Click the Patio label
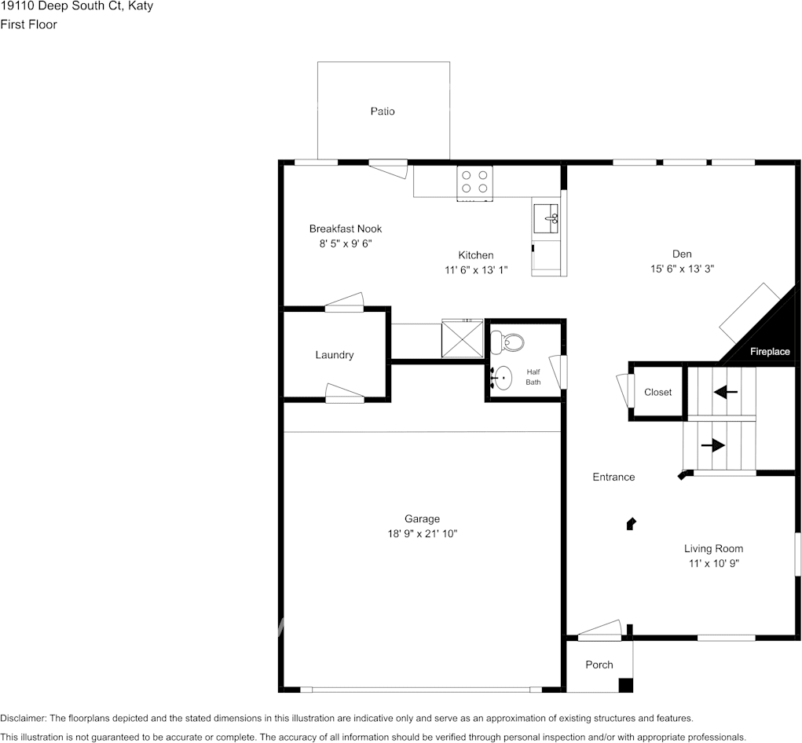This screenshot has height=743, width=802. pyautogui.click(x=383, y=111)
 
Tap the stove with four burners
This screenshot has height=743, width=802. pyautogui.click(x=474, y=183)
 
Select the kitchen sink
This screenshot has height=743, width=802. pyautogui.click(x=546, y=219)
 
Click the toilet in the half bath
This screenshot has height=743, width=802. pyautogui.click(x=507, y=342)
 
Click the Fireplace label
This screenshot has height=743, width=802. pyautogui.click(x=770, y=351)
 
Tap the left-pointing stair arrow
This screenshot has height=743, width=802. pyautogui.click(x=725, y=392)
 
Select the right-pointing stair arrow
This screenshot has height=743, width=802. pyautogui.click(x=713, y=445)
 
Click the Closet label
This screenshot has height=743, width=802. pyautogui.click(x=657, y=392)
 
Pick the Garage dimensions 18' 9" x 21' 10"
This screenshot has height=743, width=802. pyautogui.click(x=423, y=533)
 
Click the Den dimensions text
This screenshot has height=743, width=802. pyautogui.click(x=683, y=269)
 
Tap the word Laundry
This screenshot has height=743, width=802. pyautogui.click(x=335, y=355)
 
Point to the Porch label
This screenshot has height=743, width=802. pyautogui.click(x=599, y=664)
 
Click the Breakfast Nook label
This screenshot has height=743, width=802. pyautogui.click(x=346, y=229)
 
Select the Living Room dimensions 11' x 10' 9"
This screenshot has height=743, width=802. pyautogui.click(x=714, y=563)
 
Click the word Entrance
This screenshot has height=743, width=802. pyautogui.click(x=613, y=477)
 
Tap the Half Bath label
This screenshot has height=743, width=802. pyautogui.click(x=533, y=377)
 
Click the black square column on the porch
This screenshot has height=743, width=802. pyautogui.click(x=625, y=685)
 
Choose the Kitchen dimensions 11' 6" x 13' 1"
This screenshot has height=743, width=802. pyautogui.click(x=476, y=270)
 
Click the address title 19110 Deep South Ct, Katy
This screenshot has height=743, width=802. pyautogui.click(x=77, y=6)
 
